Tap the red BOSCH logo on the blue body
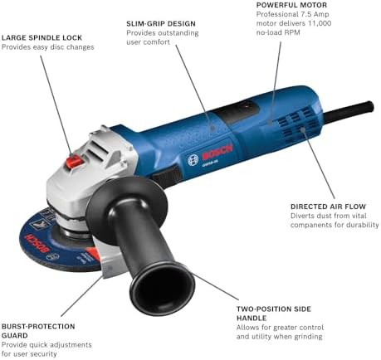pyautogui.click(x=217, y=153)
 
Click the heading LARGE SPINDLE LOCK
pyautogui.click(x=42, y=37)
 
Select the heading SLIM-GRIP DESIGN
pyautogui.click(x=161, y=24)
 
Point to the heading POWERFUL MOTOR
pyautogui.click(x=291, y=5)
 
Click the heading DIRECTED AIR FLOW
pyautogui.click(x=328, y=207)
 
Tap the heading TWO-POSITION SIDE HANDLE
pyautogui.click(x=274, y=314)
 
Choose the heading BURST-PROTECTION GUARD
pyautogui.click(x=38, y=331)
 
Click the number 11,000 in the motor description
pyautogui.click(x=320, y=23)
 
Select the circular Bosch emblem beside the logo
pyautogui.click(x=193, y=160)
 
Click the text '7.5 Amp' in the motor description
pyautogui.click(x=314, y=14)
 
